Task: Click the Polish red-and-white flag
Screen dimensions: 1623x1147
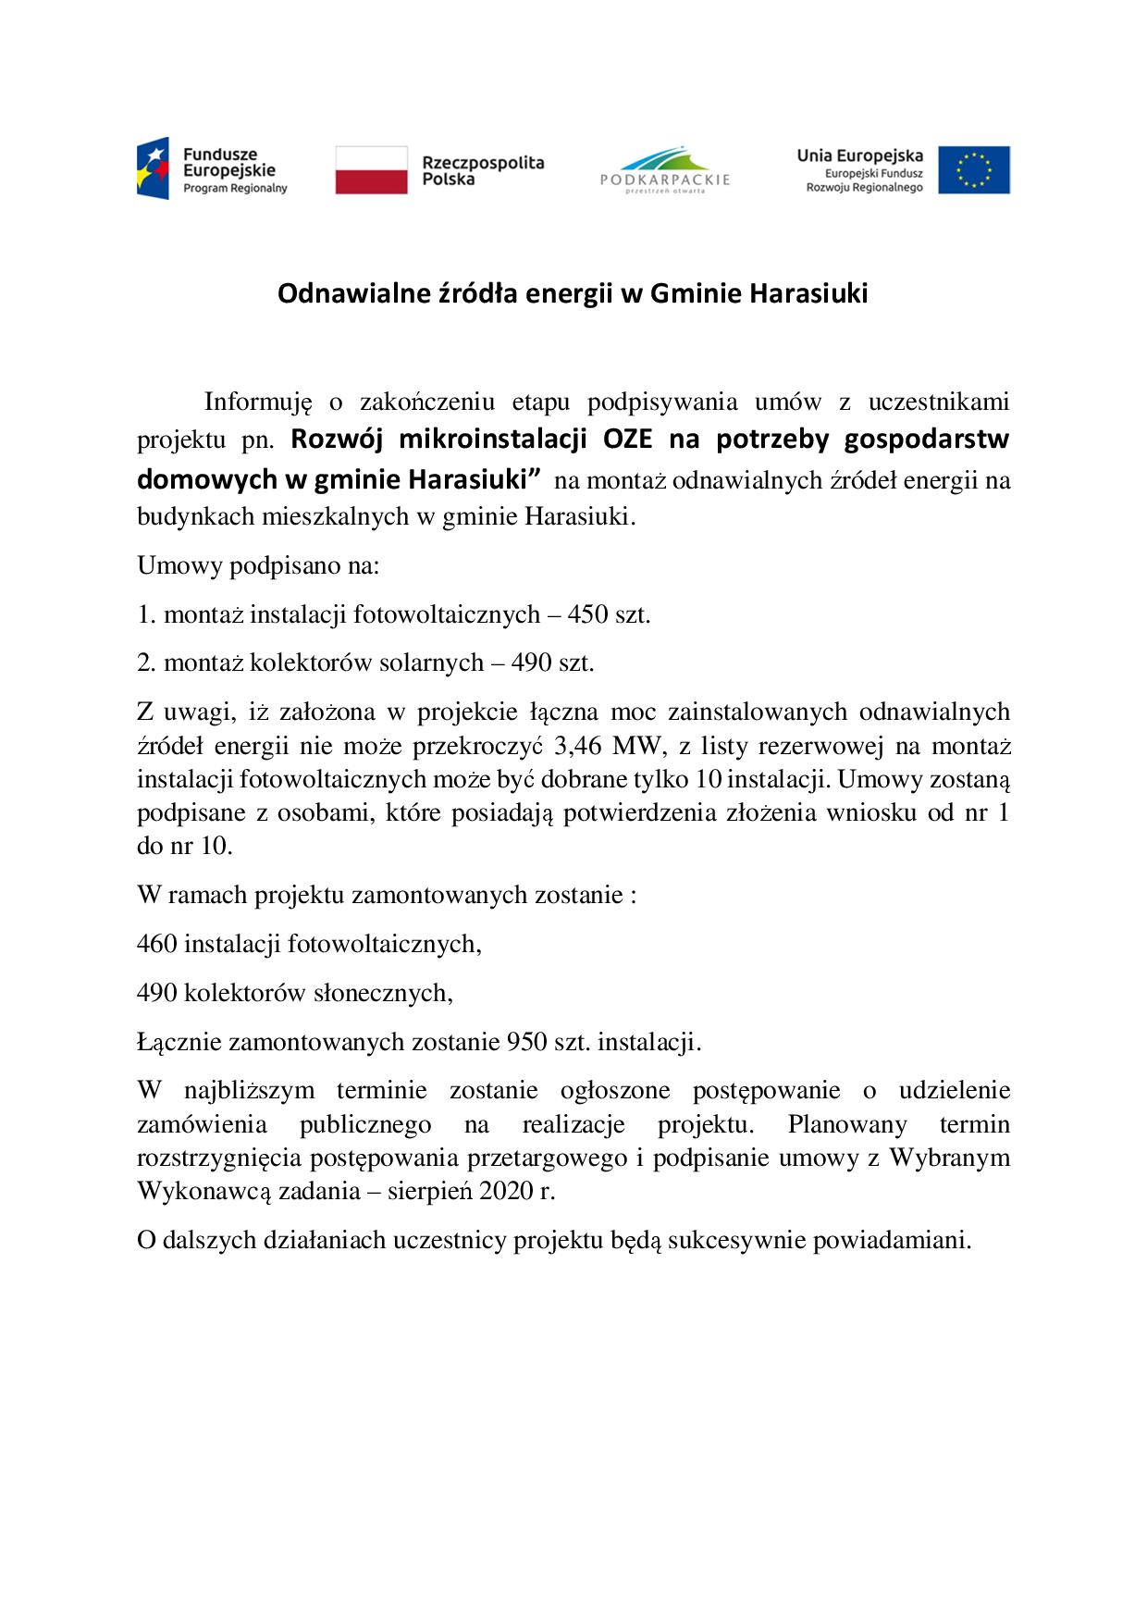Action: (371, 170)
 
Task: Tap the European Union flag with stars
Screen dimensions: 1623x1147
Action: (973, 170)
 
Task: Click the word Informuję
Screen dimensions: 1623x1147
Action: (254, 402)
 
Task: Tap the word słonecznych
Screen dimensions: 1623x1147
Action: (396, 993)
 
